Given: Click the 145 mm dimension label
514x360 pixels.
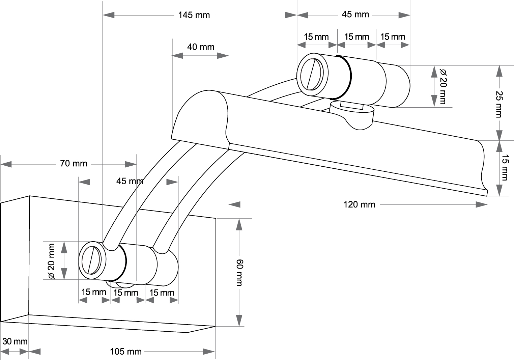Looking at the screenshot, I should [x=194, y=15].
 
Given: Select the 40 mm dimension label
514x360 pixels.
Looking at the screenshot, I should [x=201, y=47].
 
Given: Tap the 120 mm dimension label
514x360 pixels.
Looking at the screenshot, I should [x=359, y=204].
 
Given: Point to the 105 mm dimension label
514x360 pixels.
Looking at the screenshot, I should [x=125, y=352].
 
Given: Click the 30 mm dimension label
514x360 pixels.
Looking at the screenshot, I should [x=15, y=341].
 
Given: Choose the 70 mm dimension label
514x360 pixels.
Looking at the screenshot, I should [x=74, y=164].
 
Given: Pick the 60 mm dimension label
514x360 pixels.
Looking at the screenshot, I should [x=239, y=273].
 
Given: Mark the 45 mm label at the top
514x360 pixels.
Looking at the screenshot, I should [x=355, y=15].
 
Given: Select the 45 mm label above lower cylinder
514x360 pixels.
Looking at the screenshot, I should [x=130, y=182].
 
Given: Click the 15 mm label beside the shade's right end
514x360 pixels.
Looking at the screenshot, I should [x=505, y=168].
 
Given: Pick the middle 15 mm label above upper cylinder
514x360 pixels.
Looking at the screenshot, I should [x=356, y=37].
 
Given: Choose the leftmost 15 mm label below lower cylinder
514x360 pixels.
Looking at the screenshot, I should [x=94, y=292].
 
